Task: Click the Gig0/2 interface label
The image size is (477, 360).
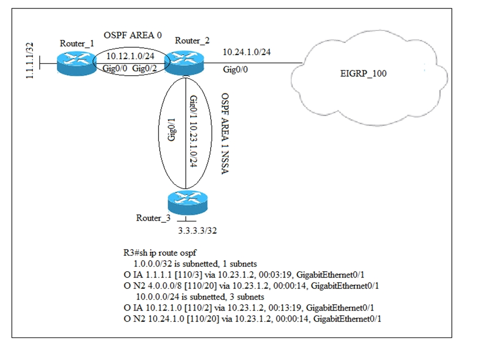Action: pyautogui.click(x=146, y=67)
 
